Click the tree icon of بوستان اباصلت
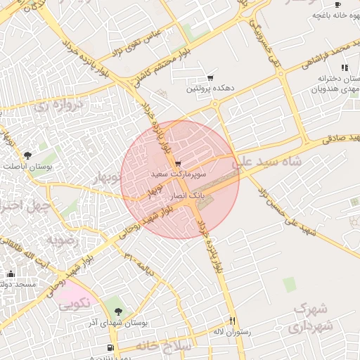click(27, 155)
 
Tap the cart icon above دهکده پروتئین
click(210, 78)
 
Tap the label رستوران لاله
click(229, 330)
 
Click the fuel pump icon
click(110, 347)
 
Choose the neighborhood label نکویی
click(74, 304)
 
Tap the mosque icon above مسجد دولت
click(10, 274)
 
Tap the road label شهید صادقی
click(339, 138)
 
